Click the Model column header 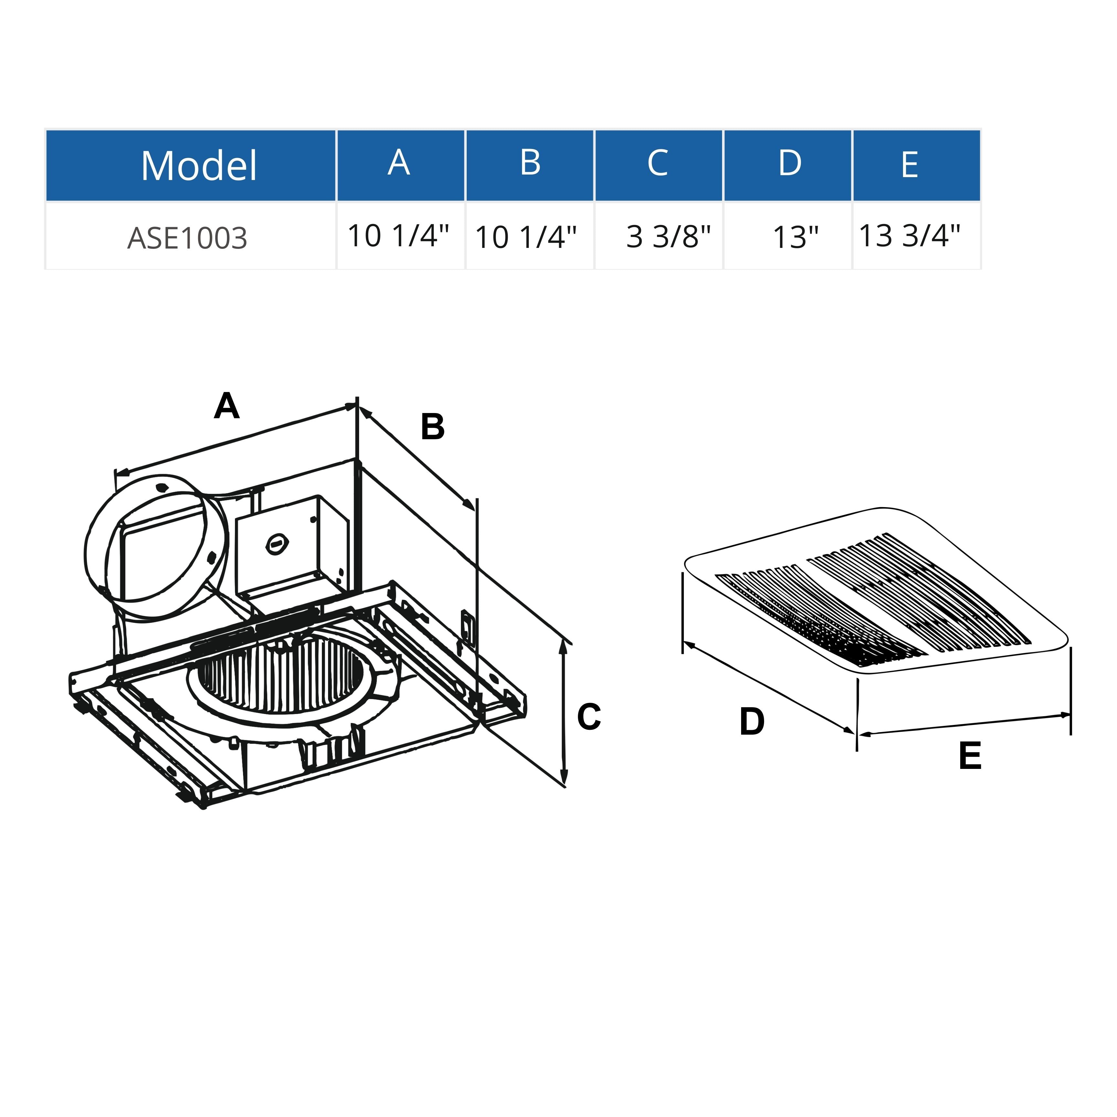(198, 166)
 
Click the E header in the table (910, 165)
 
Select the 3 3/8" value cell (668, 237)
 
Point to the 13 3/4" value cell (910, 236)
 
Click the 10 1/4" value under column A (398, 236)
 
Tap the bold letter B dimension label (432, 427)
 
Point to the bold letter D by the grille (751, 722)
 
